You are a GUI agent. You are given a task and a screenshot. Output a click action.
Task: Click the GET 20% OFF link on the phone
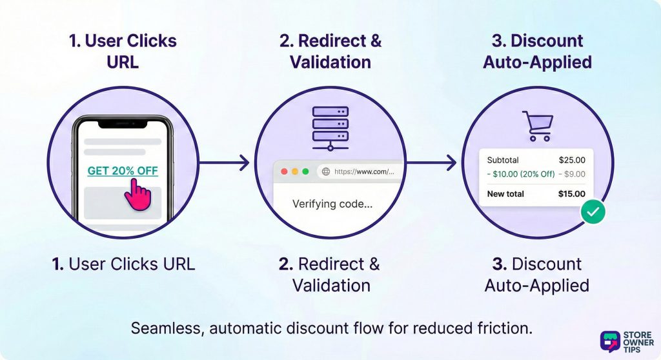[x=122, y=171]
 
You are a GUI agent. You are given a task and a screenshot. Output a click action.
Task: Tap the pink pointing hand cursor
[x=136, y=194]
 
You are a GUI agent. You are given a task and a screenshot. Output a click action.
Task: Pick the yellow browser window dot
[x=295, y=172]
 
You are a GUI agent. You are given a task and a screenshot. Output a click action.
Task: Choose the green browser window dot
[x=305, y=172]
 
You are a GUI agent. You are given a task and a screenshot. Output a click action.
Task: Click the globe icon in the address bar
[x=325, y=172]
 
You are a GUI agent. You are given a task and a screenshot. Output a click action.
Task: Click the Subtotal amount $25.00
[x=571, y=160]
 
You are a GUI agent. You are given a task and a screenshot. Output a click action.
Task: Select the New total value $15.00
[x=571, y=194]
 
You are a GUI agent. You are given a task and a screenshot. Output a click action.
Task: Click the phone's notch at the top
[x=122, y=122]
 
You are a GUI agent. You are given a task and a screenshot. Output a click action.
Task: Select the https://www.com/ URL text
[x=364, y=172]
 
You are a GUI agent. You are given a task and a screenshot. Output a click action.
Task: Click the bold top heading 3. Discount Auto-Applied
[x=537, y=52]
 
